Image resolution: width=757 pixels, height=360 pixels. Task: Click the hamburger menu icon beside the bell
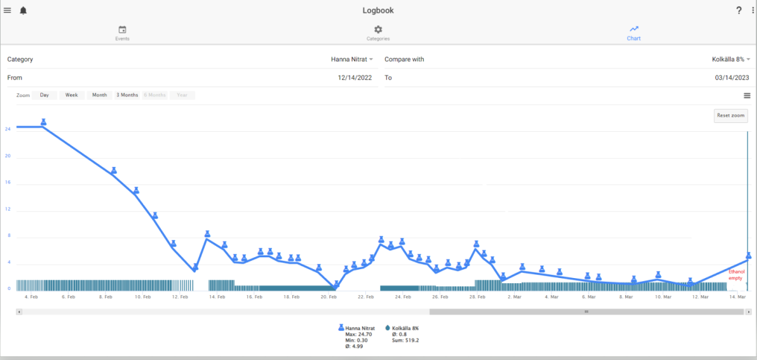8,11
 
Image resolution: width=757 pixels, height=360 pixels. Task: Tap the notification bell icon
23,11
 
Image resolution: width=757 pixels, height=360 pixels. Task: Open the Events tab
122,33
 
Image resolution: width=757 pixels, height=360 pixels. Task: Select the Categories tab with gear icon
378,33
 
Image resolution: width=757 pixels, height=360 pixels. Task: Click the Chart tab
633,33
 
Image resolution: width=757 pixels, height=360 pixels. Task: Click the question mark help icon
739,11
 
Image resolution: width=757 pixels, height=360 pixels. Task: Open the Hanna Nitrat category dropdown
352,59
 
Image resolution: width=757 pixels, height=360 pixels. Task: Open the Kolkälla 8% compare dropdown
731,59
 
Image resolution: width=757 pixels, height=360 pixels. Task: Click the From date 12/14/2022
355,78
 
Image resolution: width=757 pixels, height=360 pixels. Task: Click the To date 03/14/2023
732,78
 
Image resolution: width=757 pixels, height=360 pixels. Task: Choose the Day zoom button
44,95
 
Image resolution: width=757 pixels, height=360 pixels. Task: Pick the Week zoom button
71,95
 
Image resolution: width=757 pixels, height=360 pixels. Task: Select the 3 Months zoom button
127,95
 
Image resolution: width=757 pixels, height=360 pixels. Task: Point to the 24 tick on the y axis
8,129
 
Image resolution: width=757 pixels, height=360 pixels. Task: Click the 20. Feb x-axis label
329,297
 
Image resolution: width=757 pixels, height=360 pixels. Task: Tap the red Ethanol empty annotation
736,274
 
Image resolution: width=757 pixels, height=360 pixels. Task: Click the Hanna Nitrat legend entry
356,328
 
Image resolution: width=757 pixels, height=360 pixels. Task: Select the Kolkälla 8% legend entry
402,328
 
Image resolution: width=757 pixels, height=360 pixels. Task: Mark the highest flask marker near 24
44,122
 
